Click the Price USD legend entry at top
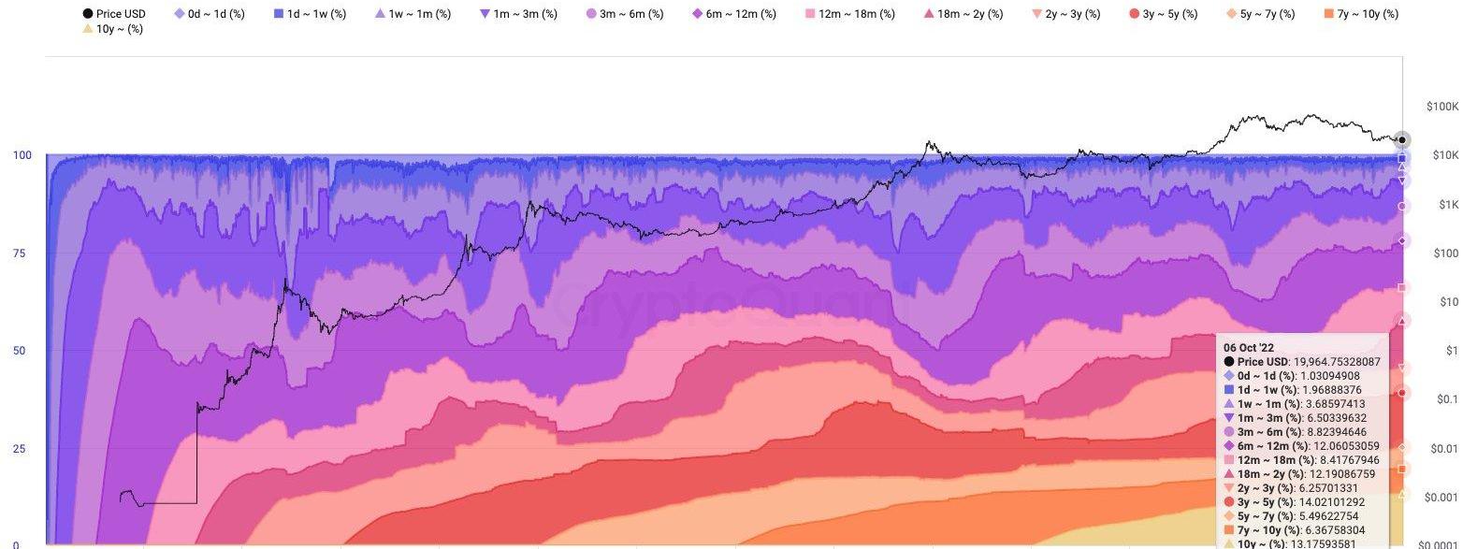[x=114, y=14]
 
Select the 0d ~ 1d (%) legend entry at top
[x=210, y=14]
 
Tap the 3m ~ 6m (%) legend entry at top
[x=624, y=14]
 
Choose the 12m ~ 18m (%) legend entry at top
[x=848, y=14]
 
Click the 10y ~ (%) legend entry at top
[x=112, y=30]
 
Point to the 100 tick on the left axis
[x=22, y=155]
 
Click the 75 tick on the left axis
[x=19, y=253]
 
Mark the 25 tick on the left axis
[x=19, y=449]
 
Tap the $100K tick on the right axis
[x=1441, y=108]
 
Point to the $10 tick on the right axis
[x=1446, y=302]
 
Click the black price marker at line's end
[x=1400, y=139]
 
